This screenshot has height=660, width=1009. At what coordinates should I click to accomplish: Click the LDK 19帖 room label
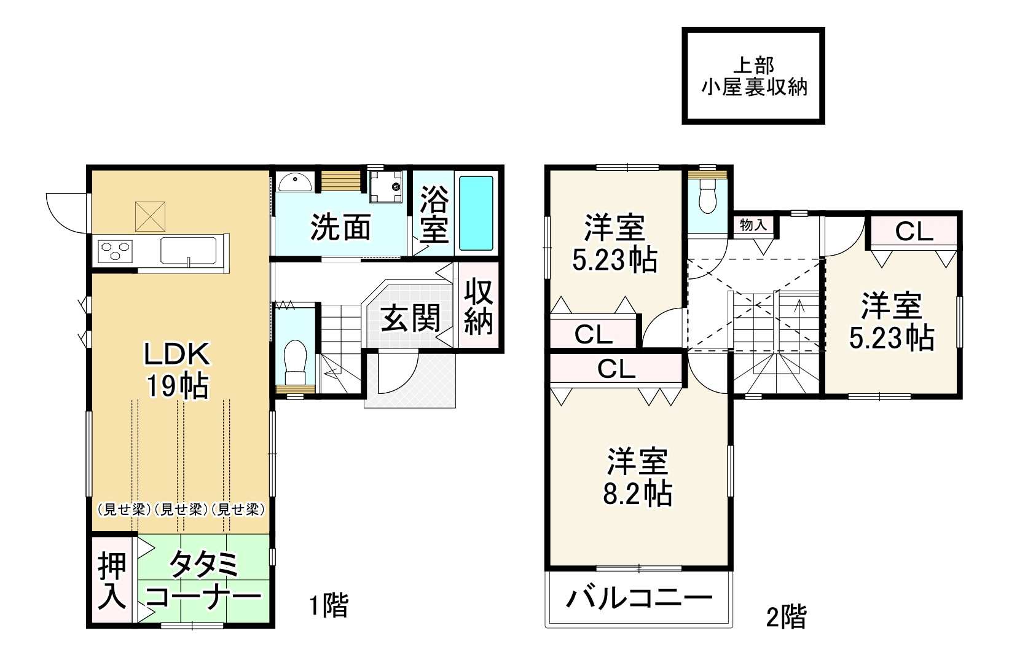click(x=178, y=370)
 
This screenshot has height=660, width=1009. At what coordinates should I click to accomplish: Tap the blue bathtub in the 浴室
click(x=476, y=213)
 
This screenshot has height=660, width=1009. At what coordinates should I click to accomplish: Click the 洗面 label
click(x=340, y=228)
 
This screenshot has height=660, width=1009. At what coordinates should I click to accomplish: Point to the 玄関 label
click(x=411, y=318)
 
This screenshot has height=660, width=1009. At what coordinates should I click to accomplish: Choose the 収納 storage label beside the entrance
click(x=479, y=307)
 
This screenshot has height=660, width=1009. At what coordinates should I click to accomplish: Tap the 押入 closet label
click(x=112, y=581)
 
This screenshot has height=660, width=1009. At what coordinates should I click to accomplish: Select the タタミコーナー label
click(x=203, y=581)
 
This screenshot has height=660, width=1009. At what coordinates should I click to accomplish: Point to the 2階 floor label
click(x=786, y=616)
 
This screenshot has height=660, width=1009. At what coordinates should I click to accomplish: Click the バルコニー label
click(x=639, y=597)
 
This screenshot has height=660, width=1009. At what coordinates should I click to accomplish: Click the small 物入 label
click(x=753, y=225)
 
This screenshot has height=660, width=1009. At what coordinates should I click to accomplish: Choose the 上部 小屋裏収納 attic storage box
click(x=753, y=76)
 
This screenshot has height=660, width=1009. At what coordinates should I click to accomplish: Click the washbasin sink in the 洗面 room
click(x=294, y=182)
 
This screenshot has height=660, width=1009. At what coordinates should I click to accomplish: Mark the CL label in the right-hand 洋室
click(x=914, y=232)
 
